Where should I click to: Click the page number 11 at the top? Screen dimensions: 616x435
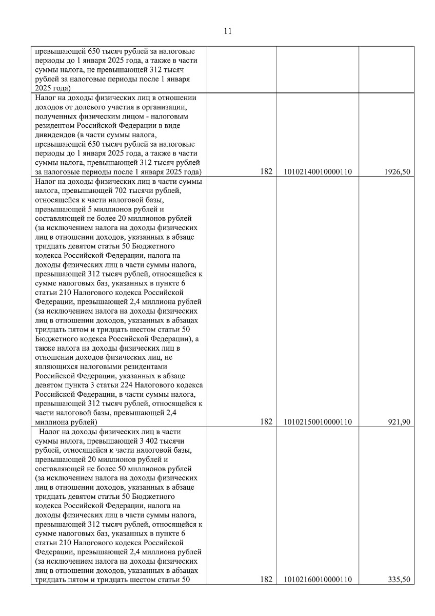(x=228, y=31)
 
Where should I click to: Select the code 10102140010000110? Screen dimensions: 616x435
(x=317, y=172)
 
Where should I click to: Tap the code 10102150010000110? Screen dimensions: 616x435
(x=317, y=422)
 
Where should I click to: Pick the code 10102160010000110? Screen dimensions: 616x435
(x=317, y=580)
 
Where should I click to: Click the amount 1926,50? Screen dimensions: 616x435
(x=398, y=172)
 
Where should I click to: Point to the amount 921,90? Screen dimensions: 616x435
(x=400, y=422)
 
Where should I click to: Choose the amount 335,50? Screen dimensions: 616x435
(x=400, y=580)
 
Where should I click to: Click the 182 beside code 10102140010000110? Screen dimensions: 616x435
(x=266, y=172)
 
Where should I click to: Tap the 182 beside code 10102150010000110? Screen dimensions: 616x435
(x=266, y=422)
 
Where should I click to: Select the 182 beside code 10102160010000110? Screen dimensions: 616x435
(x=266, y=580)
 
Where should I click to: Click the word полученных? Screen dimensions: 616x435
(x=55, y=117)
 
